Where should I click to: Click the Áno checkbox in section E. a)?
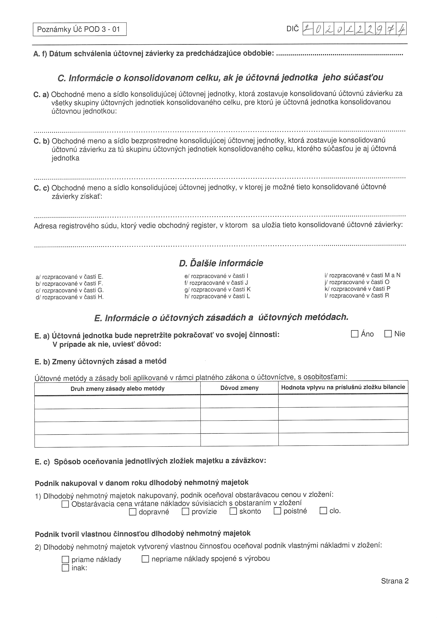pos(355,334)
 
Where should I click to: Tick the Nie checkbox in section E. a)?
pos(388,334)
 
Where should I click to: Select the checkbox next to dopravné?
pos(132,512)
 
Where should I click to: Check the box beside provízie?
pos(185,511)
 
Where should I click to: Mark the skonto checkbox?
pos(233,511)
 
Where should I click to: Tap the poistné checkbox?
pos(277,511)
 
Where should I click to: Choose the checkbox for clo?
pos(323,510)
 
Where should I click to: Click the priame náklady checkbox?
pos(65,560)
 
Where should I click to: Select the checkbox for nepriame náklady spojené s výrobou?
pos(145,559)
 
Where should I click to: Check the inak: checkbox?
pos(65,568)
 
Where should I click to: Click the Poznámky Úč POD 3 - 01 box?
pos(79,29)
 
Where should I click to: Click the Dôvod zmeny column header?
pos(239,388)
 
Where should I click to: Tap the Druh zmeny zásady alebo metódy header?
pos(117,388)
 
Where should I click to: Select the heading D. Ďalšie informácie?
pos(221,263)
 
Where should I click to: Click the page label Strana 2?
pos(394,581)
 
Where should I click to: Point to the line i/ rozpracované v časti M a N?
pos(362,275)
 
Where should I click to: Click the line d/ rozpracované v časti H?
pos(70,297)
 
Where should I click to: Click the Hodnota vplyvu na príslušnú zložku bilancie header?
pos(343,387)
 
